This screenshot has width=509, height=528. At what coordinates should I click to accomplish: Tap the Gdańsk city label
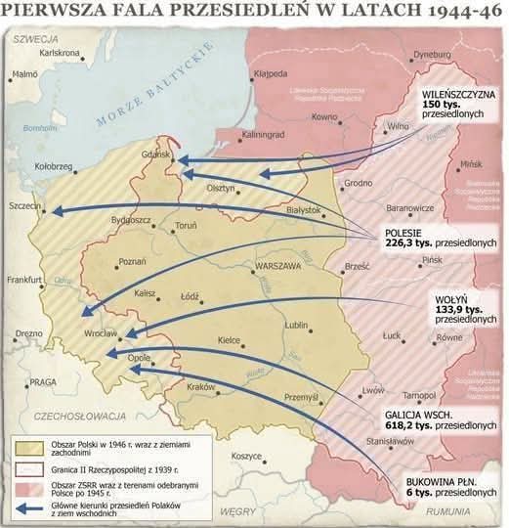[155, 154]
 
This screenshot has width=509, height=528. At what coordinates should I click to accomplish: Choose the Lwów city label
[372, 389]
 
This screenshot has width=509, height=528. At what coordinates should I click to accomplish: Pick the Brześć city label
[356, 266]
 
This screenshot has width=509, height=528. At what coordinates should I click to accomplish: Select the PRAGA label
[44, 382]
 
